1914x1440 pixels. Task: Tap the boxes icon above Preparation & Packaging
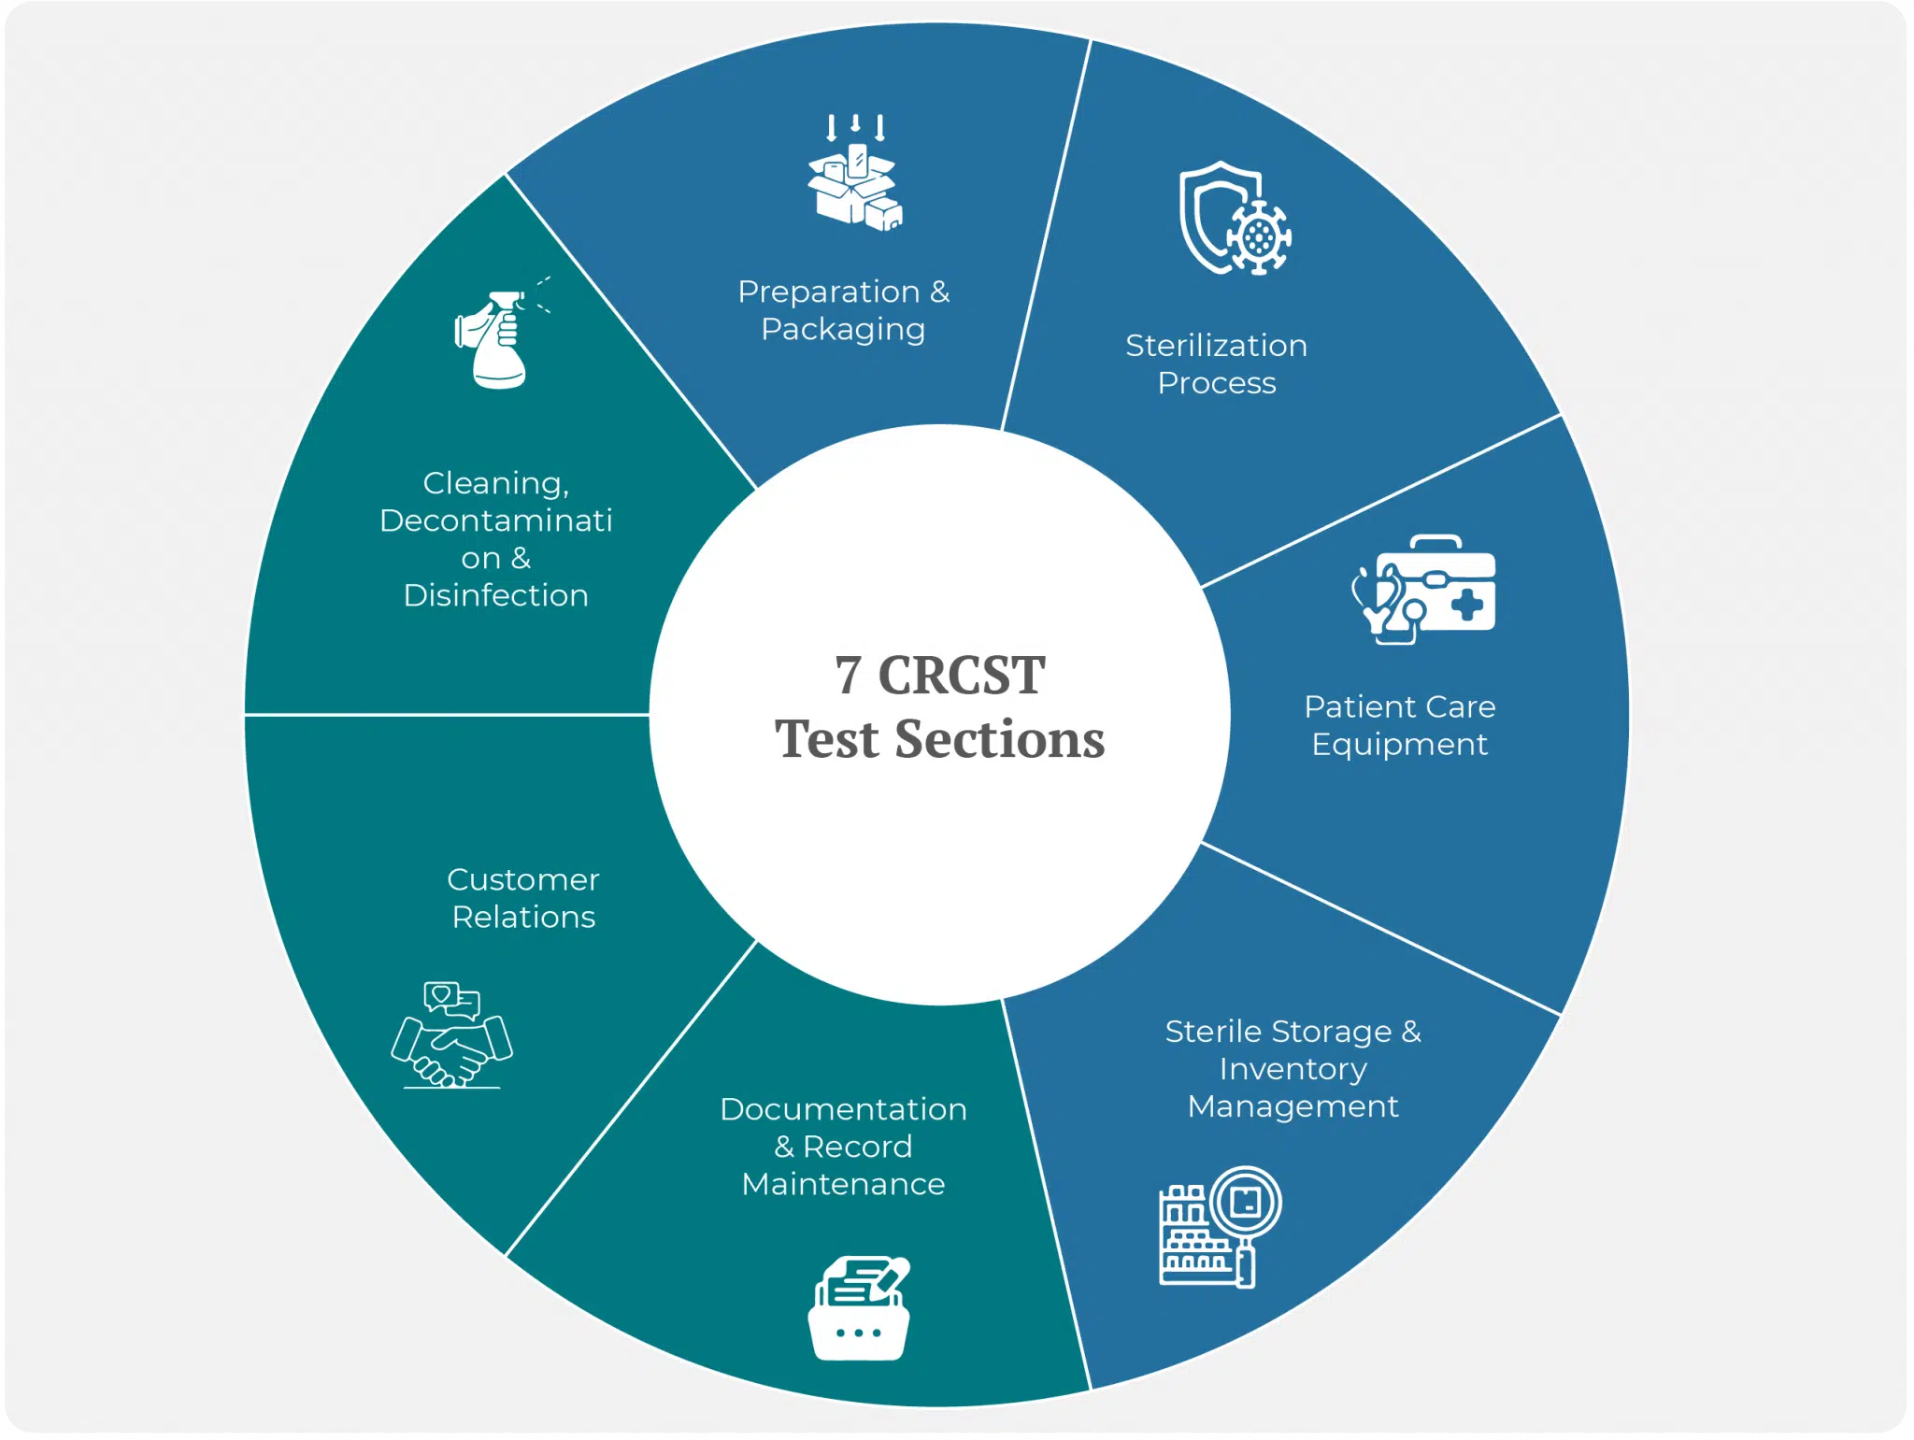tap(855, 173)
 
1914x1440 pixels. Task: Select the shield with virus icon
tap(1235, 219)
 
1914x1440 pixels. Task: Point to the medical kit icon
tap(1423, 590)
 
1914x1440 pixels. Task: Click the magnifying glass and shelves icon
tap(1220, 1227)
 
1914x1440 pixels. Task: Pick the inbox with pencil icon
tap(859, 1308)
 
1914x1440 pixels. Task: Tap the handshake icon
tap(452, 1035)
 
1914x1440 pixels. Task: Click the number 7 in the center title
tap(848, 675)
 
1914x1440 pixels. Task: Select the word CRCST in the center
tap(962, 675)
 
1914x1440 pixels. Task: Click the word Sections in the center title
tap(1000, 739)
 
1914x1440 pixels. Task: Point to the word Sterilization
tap(1216, 346)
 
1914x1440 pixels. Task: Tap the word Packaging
tap(843, 330)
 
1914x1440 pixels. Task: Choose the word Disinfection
tap(496, 595)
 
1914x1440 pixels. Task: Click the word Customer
tap(523, 879)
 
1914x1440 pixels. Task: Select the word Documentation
tap(843, 1109)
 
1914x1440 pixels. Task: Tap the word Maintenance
tap(843, 1184)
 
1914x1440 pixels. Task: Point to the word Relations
tap(523, 917)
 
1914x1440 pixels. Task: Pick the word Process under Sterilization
tap(1216, 383)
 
